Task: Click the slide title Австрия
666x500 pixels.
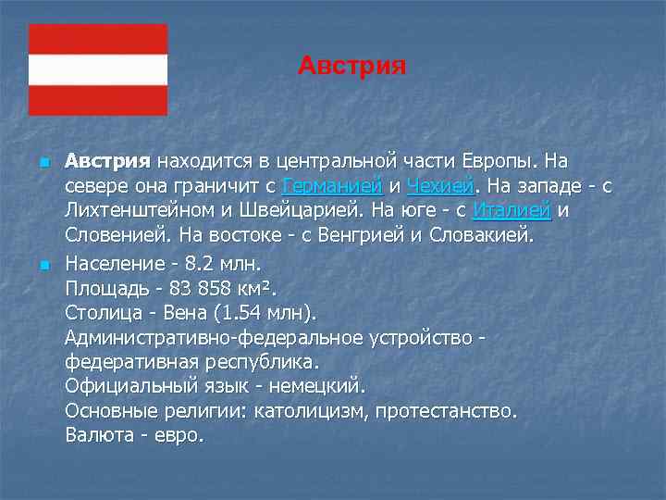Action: tap(352, 67)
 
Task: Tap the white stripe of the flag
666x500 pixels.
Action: tap(98, 69)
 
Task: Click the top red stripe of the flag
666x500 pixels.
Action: tap(98, 39)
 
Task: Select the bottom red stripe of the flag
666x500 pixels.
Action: tap(98, 100)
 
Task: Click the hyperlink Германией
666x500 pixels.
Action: tap(332, 185)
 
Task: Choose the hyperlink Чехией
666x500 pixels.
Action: tap(440, 185)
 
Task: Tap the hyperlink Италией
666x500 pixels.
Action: tap(512, 210)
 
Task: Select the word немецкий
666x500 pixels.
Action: tap(320, 385)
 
